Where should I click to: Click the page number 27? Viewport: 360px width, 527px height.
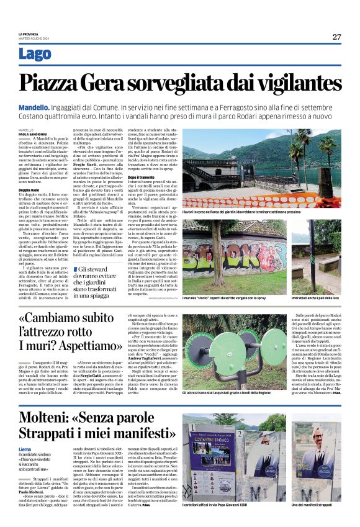coord(336,37)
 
